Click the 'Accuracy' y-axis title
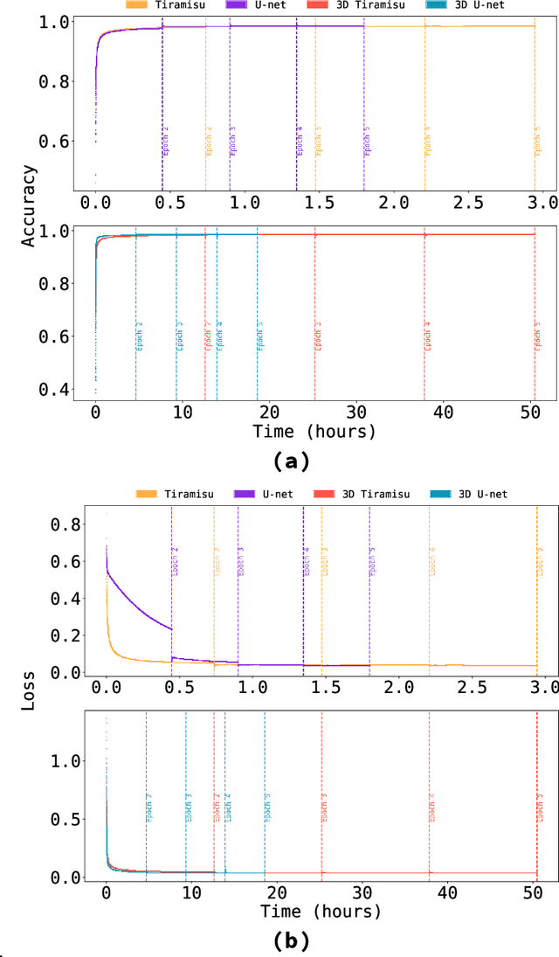pos(30,205)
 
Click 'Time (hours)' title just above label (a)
pos(314,432)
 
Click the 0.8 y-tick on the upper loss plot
pos(66,524)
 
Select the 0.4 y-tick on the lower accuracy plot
pos(66,389)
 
